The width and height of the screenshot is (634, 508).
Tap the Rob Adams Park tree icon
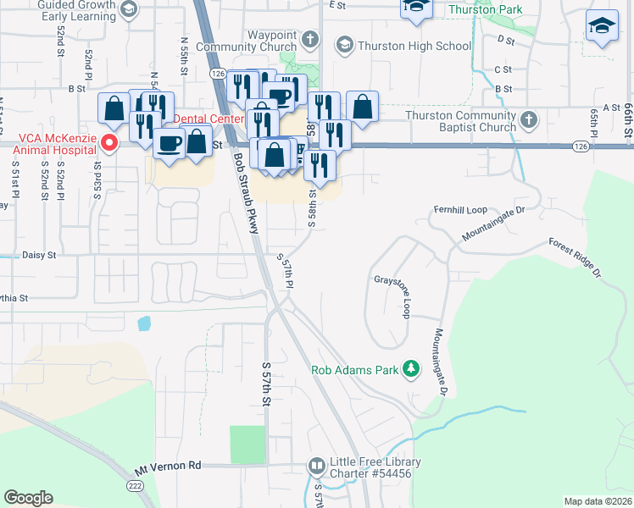pos(411,368)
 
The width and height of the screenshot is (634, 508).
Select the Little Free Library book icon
pos(316,467)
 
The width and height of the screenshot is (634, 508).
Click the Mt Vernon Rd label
pos(170,466)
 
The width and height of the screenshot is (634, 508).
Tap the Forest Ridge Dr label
pos(576,257)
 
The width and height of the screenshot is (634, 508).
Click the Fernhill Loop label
pos(459,209)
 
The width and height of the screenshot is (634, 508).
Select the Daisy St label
pos(39,254)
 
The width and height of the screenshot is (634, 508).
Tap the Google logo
pos(28,498)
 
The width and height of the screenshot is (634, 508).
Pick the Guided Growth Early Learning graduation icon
pos(129,10)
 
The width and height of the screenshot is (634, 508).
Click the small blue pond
pos(143,323)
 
